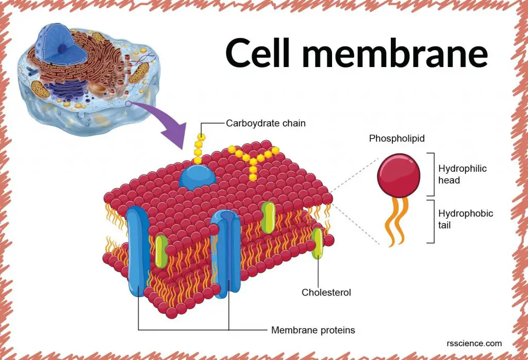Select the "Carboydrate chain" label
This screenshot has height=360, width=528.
point(266,123)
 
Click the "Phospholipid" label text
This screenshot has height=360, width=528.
point(393,139)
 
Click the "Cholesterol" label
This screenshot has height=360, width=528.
point(326,292)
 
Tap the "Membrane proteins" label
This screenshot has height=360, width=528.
point(313,330)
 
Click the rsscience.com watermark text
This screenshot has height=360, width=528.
point(474,343)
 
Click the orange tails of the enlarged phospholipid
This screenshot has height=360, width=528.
point(397,222)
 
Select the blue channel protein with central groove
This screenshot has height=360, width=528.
point(226,253)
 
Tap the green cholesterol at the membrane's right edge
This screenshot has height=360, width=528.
point(318,242)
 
